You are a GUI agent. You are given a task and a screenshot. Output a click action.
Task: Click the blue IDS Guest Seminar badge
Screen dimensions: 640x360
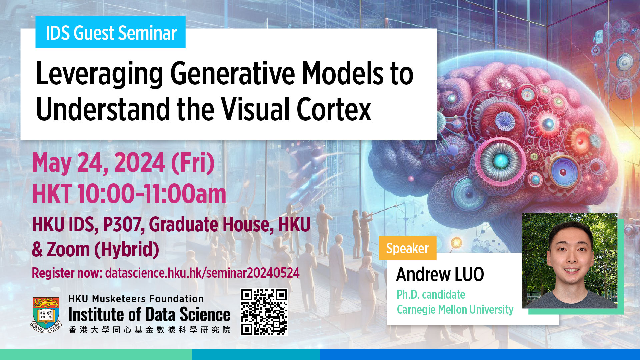coord(110,32)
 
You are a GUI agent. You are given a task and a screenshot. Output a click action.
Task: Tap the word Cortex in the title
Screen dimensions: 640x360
coord(334,109)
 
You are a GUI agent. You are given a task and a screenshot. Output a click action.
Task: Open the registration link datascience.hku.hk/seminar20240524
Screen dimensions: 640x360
coord(202,273)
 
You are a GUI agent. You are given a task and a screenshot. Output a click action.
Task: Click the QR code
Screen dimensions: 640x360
coord(264,312)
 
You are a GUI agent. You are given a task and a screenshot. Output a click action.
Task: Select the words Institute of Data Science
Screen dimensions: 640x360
coord(149,315)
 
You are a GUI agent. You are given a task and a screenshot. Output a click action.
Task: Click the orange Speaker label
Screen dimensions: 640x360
coord(407,248)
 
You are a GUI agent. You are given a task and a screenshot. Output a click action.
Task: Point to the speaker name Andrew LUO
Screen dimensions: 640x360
coord(440,274)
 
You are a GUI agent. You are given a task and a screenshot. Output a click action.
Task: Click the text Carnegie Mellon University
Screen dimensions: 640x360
coord(455,310)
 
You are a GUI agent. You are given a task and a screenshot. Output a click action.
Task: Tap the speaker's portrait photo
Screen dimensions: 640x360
coord(570,261)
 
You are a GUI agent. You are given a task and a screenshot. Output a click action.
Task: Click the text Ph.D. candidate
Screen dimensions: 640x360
coord(431,295)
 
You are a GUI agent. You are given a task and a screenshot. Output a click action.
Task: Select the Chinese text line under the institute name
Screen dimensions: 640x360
coord(149,330)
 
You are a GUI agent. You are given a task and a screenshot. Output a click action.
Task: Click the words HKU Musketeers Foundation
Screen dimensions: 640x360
coord(136,299)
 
